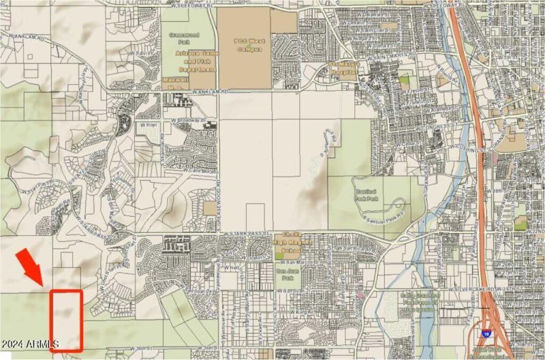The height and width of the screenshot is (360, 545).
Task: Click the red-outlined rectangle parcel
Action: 67,320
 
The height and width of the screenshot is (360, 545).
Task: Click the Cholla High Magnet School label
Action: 296,245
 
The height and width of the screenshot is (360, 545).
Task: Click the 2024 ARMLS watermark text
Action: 30,343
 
